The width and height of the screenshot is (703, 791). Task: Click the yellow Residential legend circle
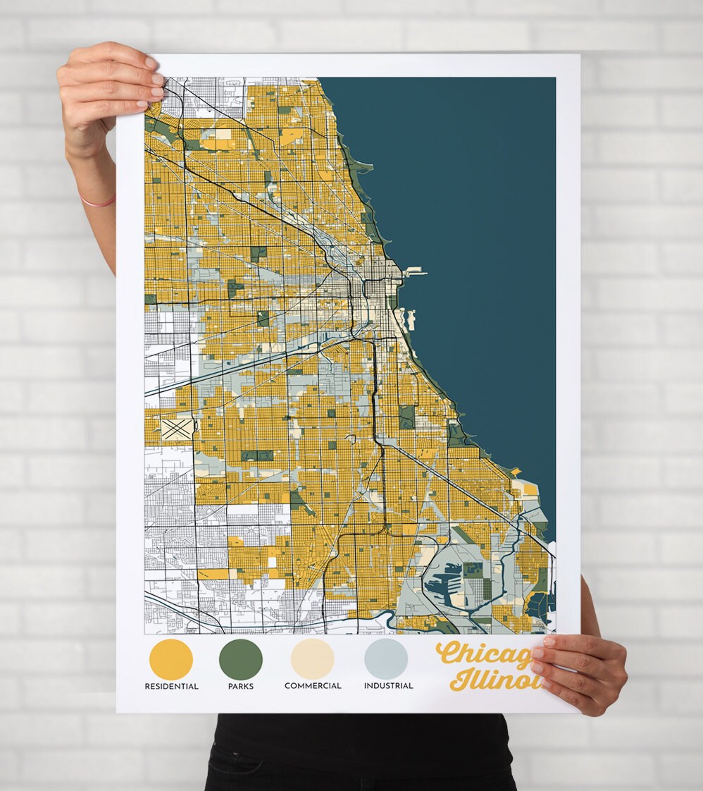click(171, 659)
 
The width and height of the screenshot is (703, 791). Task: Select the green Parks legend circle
click(241, 659)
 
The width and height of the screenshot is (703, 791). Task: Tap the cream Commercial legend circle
click(312, 659)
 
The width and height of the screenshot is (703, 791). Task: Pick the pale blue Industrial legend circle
click(386, 659)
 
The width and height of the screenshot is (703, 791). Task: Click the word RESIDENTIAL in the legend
click(171, 686)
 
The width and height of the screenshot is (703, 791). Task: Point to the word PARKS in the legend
click(241, 686)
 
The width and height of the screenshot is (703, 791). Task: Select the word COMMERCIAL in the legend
click(313, 686)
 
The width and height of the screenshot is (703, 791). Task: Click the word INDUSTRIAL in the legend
click(388, 686)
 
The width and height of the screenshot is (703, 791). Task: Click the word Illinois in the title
click(493, 681)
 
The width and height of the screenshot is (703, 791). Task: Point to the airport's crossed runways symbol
click(178, 427)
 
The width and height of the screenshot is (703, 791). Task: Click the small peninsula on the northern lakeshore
click(363, 167)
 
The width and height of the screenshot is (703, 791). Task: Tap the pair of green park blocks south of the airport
click(257, 455)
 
